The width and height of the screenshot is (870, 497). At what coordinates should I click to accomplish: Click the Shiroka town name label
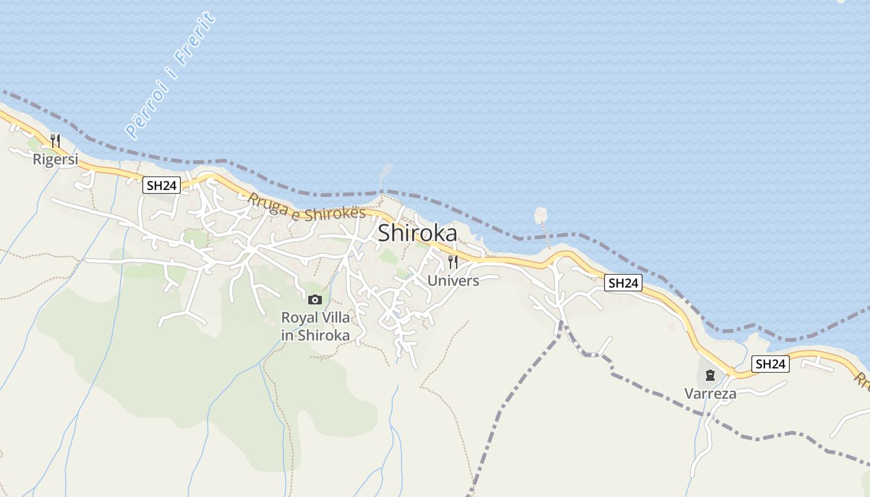pos(417,233)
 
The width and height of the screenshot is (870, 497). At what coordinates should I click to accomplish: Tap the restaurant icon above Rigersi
pos(55,141)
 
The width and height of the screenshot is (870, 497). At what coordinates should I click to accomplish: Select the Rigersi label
pos(55,160)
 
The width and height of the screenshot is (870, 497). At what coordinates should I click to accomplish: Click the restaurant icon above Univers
pos(453,262)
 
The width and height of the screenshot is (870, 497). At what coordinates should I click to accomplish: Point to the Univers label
pos(453,281)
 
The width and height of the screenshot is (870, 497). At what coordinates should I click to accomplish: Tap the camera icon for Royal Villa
pos(315,300)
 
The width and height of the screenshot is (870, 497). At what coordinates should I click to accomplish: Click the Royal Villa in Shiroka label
pos(315,327)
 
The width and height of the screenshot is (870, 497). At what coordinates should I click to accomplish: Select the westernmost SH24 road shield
pos(162,185)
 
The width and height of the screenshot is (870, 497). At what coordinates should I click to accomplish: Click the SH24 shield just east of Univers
pos(623,283)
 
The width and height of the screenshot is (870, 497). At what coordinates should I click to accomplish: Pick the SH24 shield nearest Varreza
pos(771,364)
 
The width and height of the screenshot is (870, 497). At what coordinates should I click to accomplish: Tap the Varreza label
pos(710,393)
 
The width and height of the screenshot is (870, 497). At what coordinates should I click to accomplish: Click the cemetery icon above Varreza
pos(710,375)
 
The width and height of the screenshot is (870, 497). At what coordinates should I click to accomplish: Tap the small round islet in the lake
pos(541,214)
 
